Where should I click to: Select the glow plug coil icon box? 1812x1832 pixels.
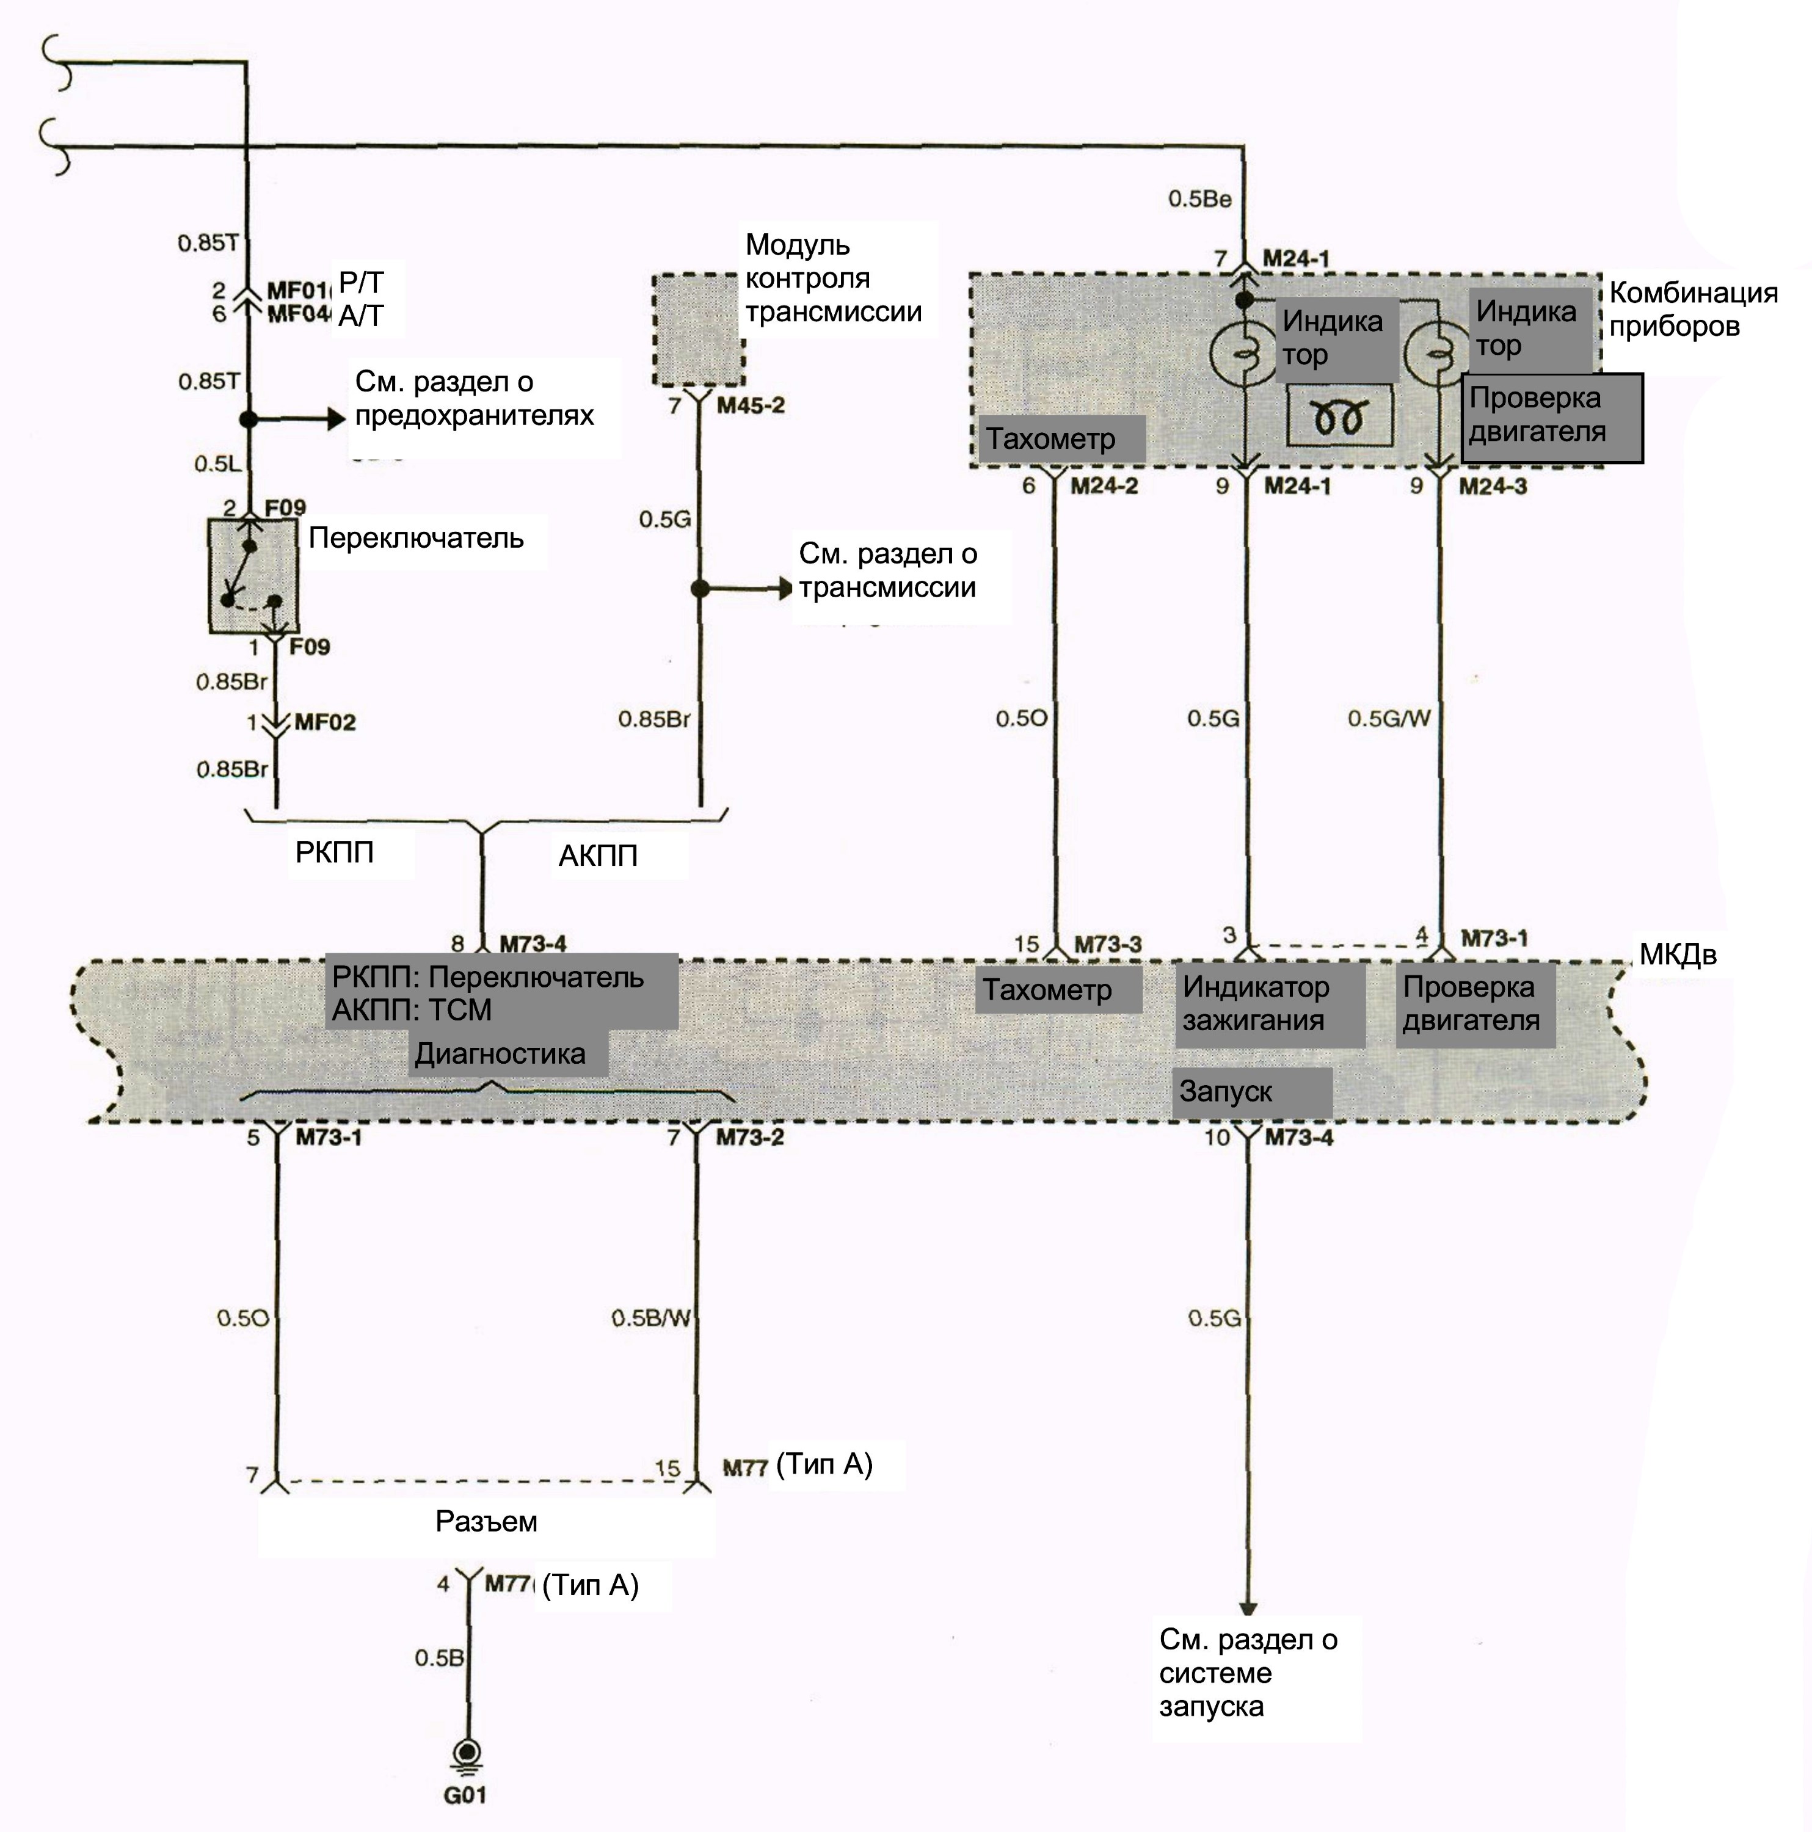pos(1341,415)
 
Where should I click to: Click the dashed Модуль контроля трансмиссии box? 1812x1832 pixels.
pos(699,330)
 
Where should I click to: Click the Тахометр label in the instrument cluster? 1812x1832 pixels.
pos(1050,439)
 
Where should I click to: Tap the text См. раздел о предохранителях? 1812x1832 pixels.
pos(474,398)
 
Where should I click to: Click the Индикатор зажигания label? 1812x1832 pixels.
pos(1256,1003)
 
